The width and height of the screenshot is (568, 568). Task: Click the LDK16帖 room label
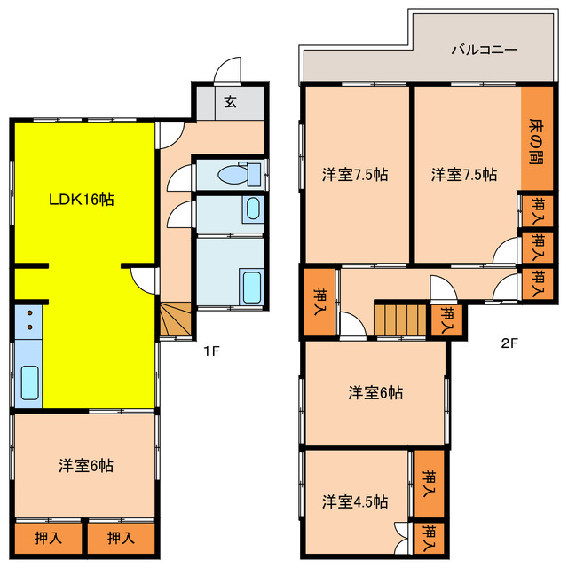pyautogui.click(x=82, y=199)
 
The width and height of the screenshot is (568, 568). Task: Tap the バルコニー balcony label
pyautogui.click(x=485, y=50)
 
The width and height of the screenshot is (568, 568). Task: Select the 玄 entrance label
pyautogui.click(x=231, y=102)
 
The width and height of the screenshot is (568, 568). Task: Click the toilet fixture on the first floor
pyautogui.click(x=239, y=175)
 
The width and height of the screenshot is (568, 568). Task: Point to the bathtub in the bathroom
pyautogui.click(x=252, y=288)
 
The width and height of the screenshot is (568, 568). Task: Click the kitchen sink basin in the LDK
pyautogui.click(x=29, y=383)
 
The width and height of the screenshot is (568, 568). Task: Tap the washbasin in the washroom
pyautogui.click(x=252, y=209)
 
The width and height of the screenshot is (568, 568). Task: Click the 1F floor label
pyautogui.click(x=211, y=351)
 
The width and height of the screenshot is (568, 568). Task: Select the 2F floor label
pyautogui.click(x=509, y=343)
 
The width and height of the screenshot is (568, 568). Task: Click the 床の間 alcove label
pyautogui.click(x=536, y=142)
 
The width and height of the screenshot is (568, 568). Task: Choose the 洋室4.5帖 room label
pyautogui.click(x=355, y=501)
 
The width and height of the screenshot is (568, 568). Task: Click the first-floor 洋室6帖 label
pyautogui.click(x=86, y=465)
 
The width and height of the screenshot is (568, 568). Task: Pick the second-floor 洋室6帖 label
pyautogui.click(x=375, y=392)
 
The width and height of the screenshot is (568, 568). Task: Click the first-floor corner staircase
pyautogui.click(x=176, y=319)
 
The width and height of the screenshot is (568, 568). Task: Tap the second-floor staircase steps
pyautogui.click(x=400, y=320)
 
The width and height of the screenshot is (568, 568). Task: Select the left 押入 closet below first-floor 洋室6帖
pyautogui.click(x=48, y=538)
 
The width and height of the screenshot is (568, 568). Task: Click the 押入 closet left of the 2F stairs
pyautogui.click(x=319, y=302)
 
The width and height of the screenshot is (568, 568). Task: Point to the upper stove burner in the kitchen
pyautogui.click(x=29, y=313)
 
